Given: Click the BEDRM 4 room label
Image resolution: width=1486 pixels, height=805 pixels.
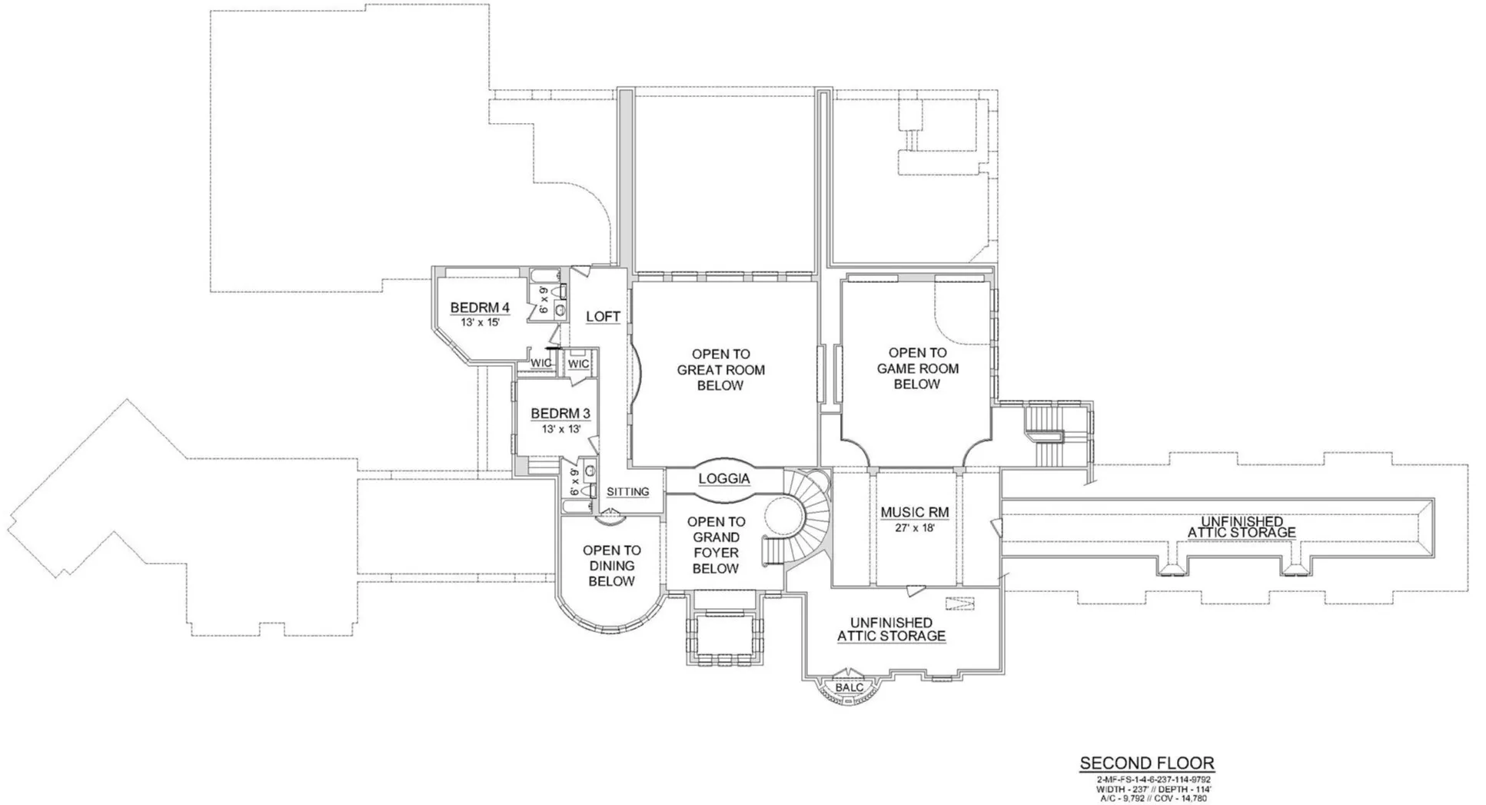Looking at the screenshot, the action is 480,308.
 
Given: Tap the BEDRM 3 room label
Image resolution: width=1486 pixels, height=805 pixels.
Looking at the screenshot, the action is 560,414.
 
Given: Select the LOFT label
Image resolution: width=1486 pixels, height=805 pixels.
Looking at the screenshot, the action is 603,317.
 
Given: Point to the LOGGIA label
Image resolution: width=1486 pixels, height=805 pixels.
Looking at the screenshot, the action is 724,479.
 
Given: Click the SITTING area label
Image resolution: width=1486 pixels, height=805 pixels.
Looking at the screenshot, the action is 628,492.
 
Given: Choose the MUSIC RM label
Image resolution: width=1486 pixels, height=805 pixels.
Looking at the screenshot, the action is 915,512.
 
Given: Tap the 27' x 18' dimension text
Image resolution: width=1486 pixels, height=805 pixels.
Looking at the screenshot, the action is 915,528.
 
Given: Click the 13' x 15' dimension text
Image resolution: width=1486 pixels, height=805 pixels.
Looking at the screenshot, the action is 480,323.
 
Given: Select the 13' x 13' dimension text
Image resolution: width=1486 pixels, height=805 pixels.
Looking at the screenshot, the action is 561,429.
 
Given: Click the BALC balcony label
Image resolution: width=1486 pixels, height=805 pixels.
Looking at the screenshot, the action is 849,687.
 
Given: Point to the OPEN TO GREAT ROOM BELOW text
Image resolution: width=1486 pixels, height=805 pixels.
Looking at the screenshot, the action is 720,370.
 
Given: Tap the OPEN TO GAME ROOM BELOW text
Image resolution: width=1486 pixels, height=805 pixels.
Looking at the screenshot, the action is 918,368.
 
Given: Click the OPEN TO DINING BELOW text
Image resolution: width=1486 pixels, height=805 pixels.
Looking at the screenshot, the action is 612,566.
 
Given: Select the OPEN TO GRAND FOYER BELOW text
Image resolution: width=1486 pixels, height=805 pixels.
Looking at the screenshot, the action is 716,545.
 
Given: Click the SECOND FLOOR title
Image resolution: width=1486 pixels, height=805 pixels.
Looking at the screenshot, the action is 1147,763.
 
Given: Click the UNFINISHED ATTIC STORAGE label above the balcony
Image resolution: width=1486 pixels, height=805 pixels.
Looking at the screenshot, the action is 891,629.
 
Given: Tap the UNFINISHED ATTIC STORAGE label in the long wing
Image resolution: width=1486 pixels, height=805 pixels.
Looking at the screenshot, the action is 1242,527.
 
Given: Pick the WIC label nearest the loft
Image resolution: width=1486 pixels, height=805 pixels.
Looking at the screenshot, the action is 579,364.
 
